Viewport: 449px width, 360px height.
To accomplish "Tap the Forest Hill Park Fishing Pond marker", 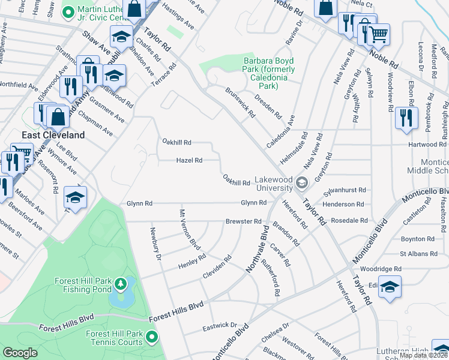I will pos(120,283).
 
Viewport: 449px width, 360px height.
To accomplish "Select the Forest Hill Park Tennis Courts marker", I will pos(151,338).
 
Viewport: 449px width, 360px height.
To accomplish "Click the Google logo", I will pos(20,353).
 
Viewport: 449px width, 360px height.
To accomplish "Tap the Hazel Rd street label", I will pos(189,160).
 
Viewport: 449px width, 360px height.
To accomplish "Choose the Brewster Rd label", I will pos(243,221).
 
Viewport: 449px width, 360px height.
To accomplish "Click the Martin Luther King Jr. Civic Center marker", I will pos(69,11).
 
